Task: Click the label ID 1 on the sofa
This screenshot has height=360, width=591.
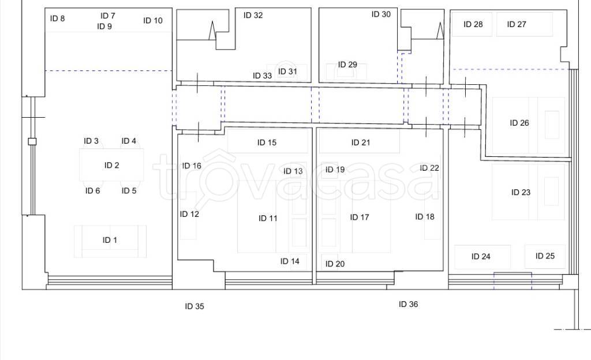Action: click(x=110, y=240)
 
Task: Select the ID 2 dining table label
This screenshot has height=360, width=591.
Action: click(x=111, y=165)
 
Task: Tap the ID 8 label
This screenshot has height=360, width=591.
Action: click(x=57, y=18)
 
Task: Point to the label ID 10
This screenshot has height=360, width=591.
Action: click(x=152, y=20)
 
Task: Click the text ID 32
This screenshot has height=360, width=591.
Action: click(x=253, y=15)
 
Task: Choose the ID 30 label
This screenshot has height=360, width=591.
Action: click(x=381, y=14)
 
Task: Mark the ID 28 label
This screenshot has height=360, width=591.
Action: click(x=473, y=24)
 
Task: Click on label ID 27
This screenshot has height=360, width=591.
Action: click(x=517, y=24)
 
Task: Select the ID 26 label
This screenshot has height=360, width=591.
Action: click(x=519, y=123)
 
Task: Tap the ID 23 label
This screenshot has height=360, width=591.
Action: click(x=521, y=192)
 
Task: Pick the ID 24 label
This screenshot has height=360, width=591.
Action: click(x=481, y=257)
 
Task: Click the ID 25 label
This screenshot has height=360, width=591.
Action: click(x=545, y=256)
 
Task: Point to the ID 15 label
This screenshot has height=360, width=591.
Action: click(x=267, y=142)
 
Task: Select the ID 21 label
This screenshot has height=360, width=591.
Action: click(x=361, y=142)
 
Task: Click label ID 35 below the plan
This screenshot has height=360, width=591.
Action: click(x=194, y=306)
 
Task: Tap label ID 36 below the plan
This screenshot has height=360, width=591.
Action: click(x=409, y=304)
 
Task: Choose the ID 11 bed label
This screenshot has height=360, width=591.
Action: click(x=268, y=218)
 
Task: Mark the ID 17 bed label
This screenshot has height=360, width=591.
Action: click(x=360, y=217)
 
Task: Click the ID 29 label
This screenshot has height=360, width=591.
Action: click(x=347, y=65)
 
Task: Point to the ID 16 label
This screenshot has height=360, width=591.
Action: click(x=192, y=166)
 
